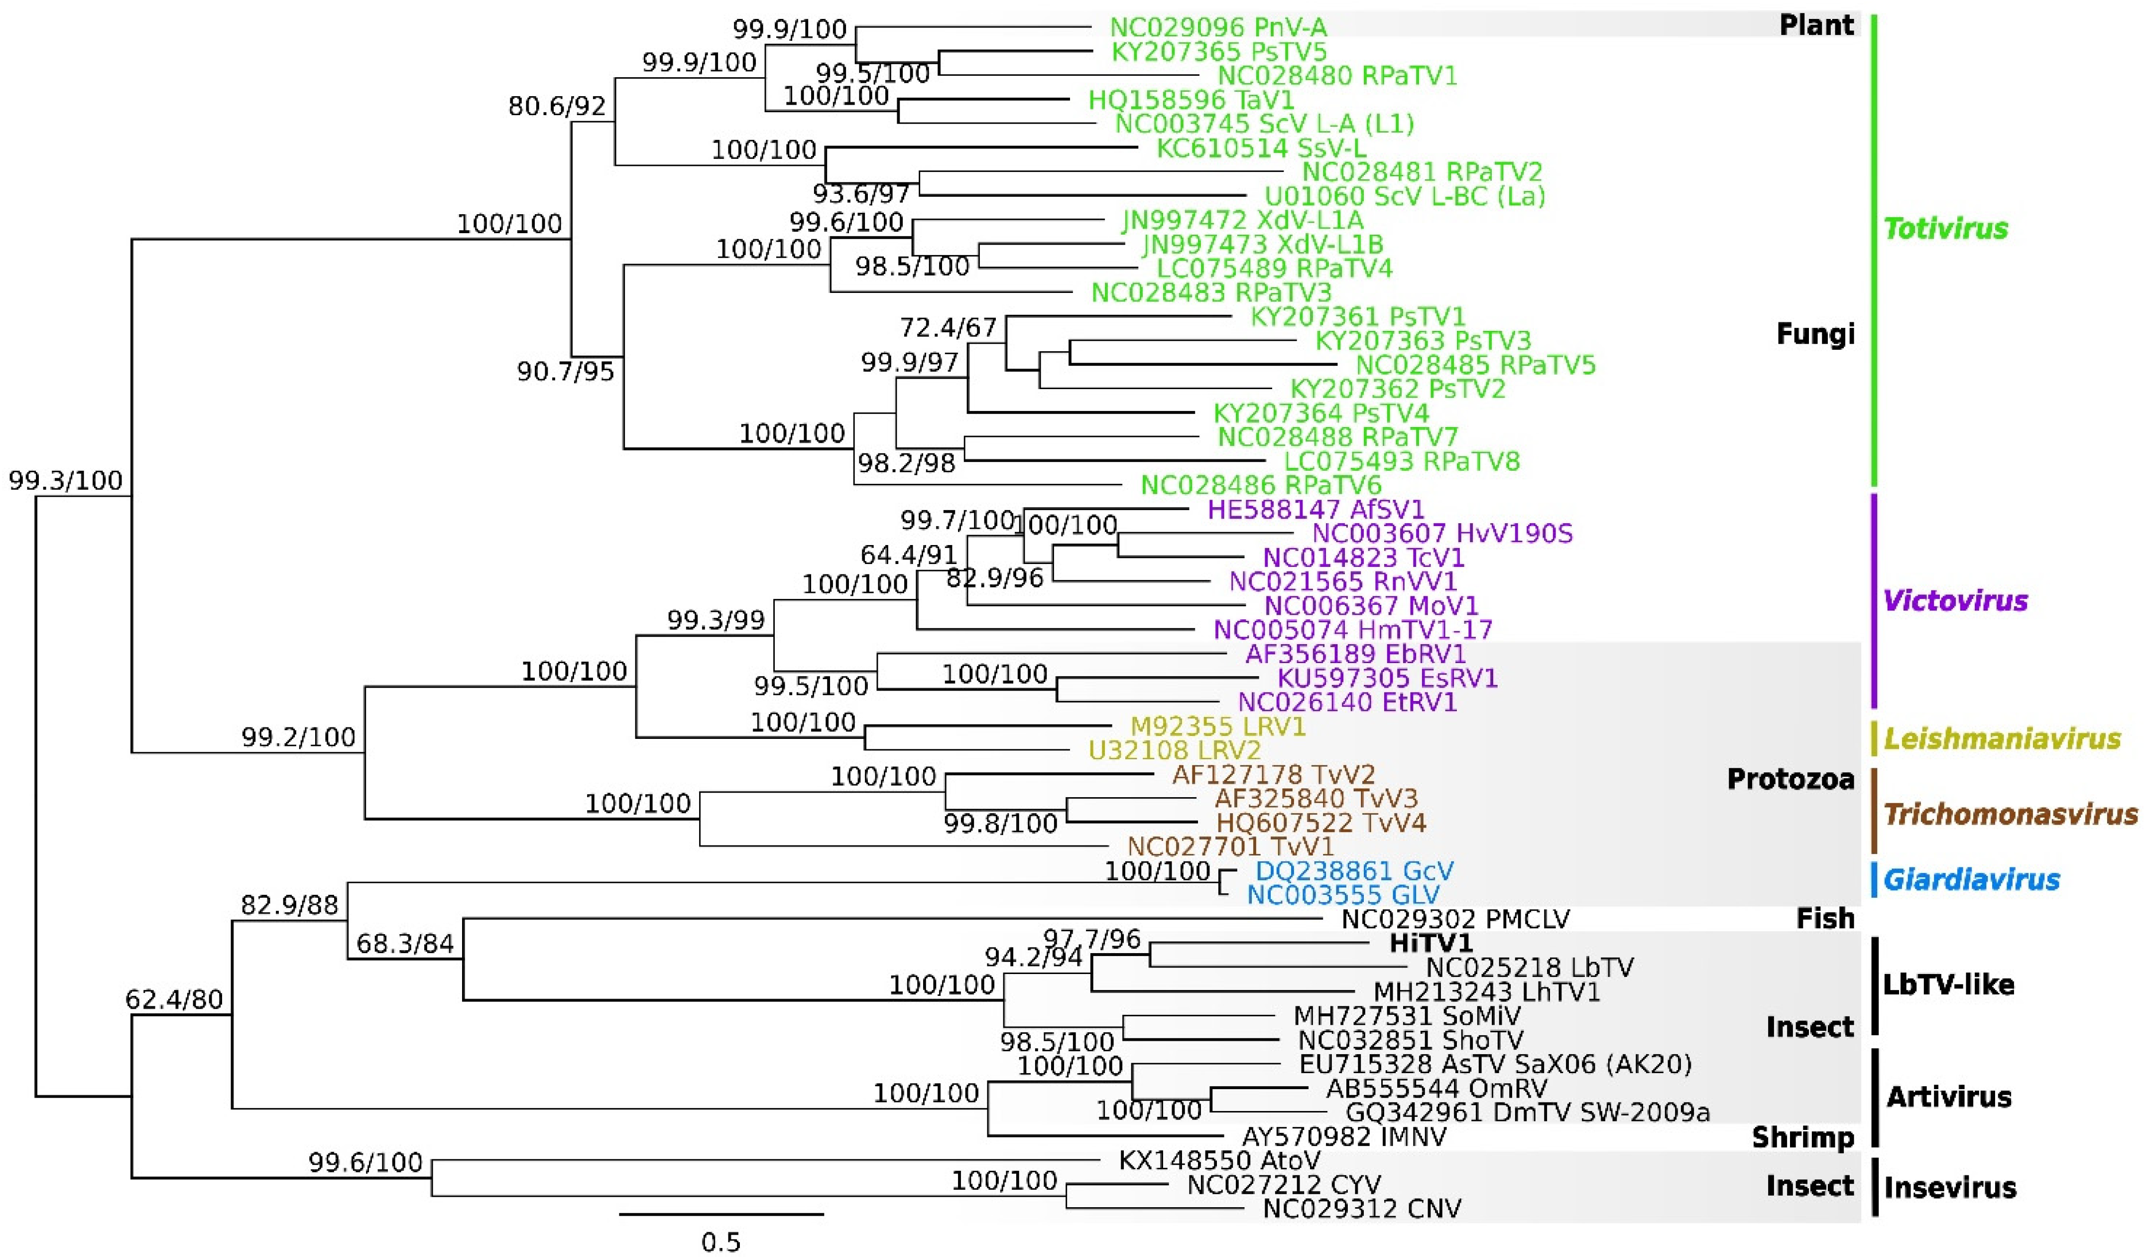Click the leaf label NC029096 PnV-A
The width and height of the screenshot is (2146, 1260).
point(1218,27)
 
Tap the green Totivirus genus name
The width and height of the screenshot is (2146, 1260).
point(1946,228)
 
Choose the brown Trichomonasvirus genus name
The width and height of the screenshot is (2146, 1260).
point(2010,815)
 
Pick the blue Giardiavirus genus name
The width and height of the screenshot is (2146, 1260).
point(1971,879)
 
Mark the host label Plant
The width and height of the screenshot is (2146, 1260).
point(1816,25)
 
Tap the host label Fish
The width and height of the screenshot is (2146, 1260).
point(1825,918)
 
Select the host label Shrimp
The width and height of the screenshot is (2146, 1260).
point(1803,1137)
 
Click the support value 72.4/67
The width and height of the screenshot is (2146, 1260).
point(948,327)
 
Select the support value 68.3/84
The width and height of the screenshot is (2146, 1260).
point(404,943)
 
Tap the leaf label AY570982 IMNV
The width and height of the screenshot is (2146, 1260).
point(1344,1136)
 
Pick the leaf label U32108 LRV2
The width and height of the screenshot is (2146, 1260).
point(1175,750)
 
